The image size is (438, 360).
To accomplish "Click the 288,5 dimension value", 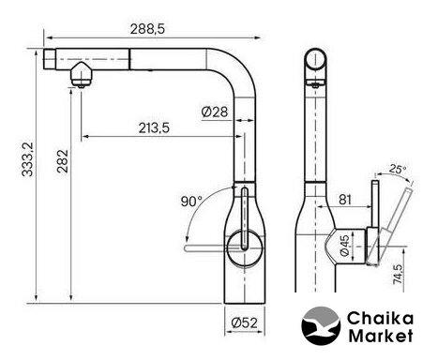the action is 147,29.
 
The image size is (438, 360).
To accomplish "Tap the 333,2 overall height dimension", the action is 27,159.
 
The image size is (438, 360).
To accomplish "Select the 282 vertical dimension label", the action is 62,161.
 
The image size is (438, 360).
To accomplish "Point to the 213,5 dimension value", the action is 154,127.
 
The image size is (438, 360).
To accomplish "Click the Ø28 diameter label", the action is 215,112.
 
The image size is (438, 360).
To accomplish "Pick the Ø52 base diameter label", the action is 245,322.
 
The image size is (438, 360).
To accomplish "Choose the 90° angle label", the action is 191,201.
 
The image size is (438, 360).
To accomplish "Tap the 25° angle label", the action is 398,169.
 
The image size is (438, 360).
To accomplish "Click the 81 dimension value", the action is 345,200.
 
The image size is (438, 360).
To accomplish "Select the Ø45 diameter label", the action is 344,246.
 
